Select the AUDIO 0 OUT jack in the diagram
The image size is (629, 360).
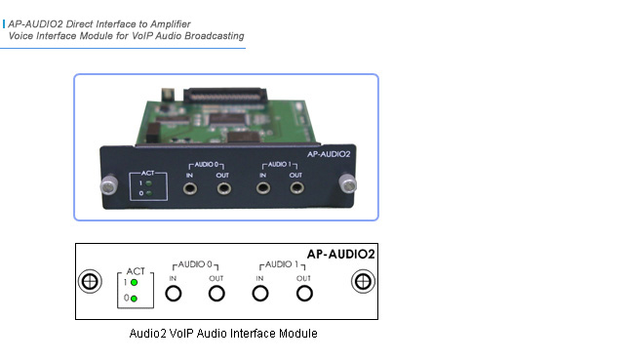[216, 293]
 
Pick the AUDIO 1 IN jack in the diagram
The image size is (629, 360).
[260, 293]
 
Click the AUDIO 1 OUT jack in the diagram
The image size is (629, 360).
[304, 293]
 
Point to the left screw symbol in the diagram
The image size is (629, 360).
[90, 281]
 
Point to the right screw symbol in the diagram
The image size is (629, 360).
[362, 281]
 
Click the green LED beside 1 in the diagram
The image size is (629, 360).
[134, 283]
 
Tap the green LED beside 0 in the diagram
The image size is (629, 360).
[134, 298]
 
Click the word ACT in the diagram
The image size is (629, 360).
[137, 269]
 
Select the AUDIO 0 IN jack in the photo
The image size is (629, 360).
[182, 187]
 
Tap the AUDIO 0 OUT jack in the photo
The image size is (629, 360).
[223, 187]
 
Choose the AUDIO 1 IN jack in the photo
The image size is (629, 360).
[261, 187]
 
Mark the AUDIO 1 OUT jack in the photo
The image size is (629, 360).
[295, 187]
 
